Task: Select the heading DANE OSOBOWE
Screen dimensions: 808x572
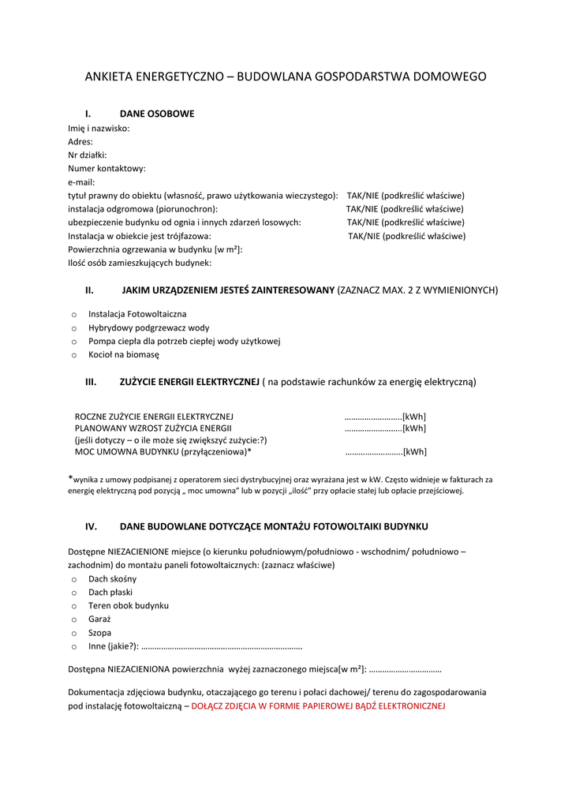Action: click(156, 114)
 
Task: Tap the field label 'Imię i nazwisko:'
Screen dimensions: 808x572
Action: click(99, 128)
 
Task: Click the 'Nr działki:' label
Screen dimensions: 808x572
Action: click(87, 155)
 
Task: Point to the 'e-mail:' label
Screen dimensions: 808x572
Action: click(81, 181)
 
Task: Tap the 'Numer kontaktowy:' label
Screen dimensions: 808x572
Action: click(107, 168)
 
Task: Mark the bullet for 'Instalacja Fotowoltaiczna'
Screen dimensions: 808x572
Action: click(73, 315)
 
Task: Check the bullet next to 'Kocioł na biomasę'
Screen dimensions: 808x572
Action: click(73, 356)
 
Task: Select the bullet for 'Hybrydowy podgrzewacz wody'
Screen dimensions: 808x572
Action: click(73, 328)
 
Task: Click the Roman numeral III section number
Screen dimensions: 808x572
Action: click(91, 382)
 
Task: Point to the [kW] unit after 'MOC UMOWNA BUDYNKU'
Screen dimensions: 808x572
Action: click(415, 452)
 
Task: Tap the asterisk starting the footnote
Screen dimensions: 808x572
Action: click(70, 477)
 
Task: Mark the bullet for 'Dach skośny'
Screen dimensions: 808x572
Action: click(73, 579)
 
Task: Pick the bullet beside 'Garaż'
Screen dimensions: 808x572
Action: click(73, 619)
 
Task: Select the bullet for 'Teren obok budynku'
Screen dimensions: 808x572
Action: click(73, 606)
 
